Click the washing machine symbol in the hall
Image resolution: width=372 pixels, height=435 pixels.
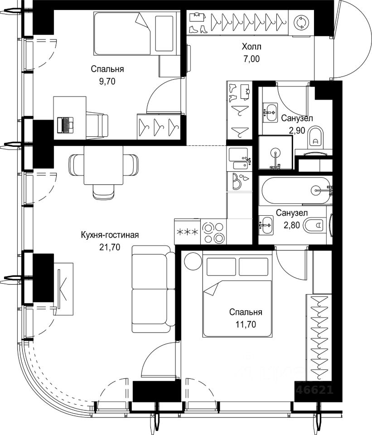coord(300,23)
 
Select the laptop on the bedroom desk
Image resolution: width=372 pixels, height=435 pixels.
coord(65,125)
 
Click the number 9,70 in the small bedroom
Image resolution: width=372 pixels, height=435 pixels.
coord(107,81)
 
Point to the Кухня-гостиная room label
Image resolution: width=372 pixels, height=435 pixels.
coord(110,235)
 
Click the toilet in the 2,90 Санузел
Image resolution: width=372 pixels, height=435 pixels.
coord(315,138)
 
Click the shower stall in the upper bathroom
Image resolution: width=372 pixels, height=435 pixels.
coord(275,152)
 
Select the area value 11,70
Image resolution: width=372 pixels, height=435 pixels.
coord(246,324)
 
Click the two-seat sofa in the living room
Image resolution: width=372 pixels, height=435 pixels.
coord(153,289)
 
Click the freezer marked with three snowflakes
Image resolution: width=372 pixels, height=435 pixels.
coord(187,232)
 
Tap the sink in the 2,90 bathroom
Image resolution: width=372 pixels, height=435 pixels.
coord(270,113)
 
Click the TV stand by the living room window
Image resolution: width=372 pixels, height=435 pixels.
coord(63,289)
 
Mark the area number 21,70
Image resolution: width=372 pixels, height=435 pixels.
coord(110,247)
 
